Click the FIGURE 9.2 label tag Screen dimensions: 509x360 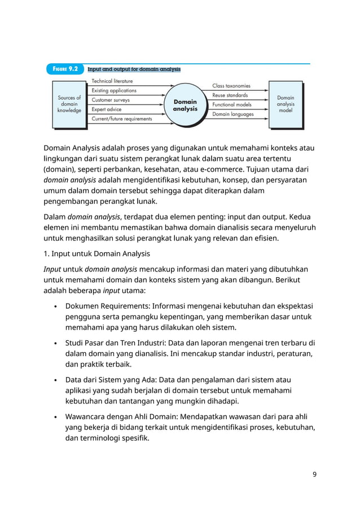pos(64,69)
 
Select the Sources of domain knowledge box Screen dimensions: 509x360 pos(69,104)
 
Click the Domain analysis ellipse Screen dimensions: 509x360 pos(185,105)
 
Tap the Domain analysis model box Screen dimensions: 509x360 pos(285,104)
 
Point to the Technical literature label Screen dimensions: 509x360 pos(112,81)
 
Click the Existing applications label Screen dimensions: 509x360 pos(114,90)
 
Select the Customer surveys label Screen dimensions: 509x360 pos(111,100)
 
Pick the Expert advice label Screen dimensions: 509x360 pos(107,109)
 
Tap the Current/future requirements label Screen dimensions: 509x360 pos(122,119)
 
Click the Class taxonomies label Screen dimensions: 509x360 pos(231,86)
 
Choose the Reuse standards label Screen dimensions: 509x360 pos(230,95)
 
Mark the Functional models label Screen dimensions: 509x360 pos(232,104)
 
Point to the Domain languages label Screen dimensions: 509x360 pos(233,114)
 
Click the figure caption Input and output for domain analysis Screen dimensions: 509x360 pos(134,69)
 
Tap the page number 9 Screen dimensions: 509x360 pos(314,474)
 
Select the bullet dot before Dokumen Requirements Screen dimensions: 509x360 pos(55,306)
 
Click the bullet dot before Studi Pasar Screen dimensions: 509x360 pos(55,344)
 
